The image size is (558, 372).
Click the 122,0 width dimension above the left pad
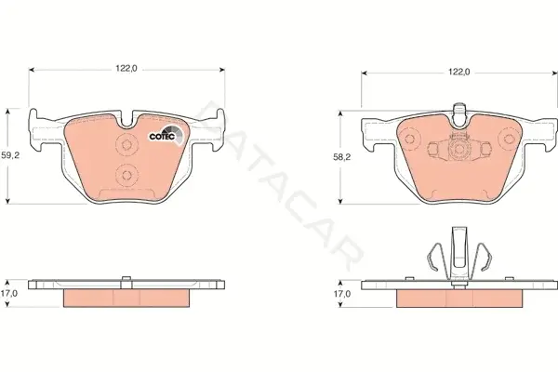[x=126, y=69]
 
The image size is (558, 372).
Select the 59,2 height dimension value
[x=10, y=155]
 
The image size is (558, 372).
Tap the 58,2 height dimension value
[x=342, y=157]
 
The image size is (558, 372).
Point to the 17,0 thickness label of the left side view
[x=9, y=293]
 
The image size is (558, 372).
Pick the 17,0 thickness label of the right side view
[x=342, y=294]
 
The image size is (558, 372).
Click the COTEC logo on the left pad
[x=166, y=136]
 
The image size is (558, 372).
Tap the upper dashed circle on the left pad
[x=126, y=144]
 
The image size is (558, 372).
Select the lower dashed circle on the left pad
[x=126, y=175]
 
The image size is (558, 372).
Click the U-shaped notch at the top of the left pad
[x=126, y=119]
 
